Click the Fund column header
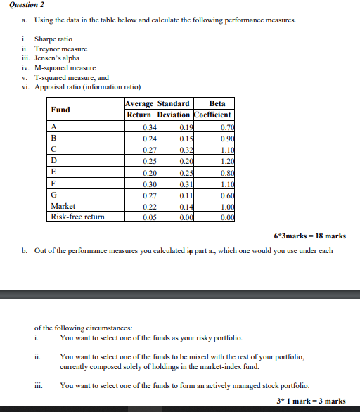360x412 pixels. tap(60, 110)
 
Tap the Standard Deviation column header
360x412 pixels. tap(174, 110)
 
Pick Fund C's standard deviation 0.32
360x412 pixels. tap(186, 150)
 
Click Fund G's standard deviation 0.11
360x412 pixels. tap(186, 195)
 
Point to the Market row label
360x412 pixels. tap(63, 206)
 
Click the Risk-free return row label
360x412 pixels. tap(77, 217)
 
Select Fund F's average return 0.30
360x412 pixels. tap(148, 184)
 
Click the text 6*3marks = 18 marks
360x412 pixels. tap(310, 236)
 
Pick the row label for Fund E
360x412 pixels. tap(53, 172)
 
